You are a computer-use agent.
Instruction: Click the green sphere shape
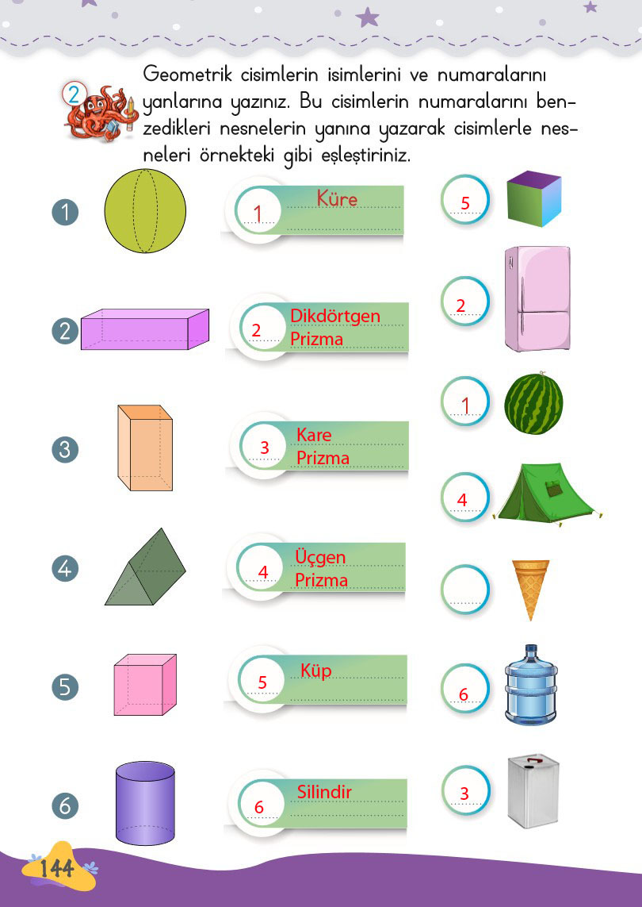(x=145, y=211)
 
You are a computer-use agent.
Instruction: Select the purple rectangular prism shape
(x=145, y=329)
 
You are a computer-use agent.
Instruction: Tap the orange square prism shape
(x=145, y=448)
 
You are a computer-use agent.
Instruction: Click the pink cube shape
(x=145, y=685)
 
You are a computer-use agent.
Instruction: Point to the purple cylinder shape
(x=145, y=803)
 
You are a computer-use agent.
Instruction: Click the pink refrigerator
(x=537, y=299)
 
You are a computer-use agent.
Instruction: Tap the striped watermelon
(x=533, y=403)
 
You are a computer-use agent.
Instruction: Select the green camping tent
(x=547, y=494)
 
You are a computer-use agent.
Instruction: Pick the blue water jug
(x=531, y=685)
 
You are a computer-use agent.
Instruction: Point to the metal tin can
(x=533, y=790)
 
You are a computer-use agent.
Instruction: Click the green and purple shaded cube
(x=534, y=198)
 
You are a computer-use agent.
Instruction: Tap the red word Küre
(x=337, y=199)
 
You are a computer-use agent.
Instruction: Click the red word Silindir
(x=324, y=791)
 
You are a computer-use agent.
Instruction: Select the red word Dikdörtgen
(x=335, y=317)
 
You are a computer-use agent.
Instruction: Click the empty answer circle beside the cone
(x=465, y=590)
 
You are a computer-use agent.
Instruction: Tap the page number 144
(x=57, y=868)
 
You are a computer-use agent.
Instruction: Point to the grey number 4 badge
(x=65, y=568)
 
